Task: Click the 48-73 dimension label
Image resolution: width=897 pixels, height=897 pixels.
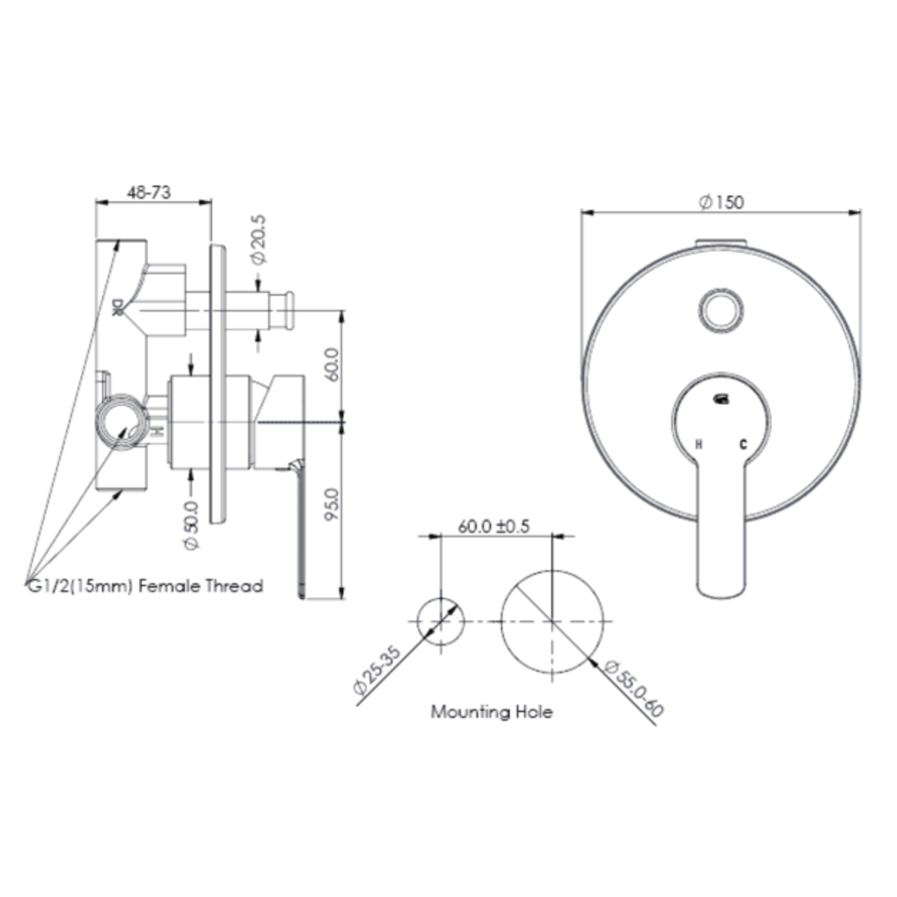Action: [149, 192]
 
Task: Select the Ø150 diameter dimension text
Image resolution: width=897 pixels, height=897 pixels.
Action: [721, 202]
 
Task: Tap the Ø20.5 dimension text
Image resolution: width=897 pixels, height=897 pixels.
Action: [259, 240]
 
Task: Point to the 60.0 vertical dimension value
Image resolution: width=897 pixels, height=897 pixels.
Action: [331, 364]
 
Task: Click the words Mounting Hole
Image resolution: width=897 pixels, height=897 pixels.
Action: [491, 712]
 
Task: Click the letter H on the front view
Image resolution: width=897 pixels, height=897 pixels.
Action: [698, 445]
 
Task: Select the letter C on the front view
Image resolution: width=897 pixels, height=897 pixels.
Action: [743, 445]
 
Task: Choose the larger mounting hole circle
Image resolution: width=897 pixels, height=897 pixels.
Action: [551, 620]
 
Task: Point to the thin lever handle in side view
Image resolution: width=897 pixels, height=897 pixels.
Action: [300, 532]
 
